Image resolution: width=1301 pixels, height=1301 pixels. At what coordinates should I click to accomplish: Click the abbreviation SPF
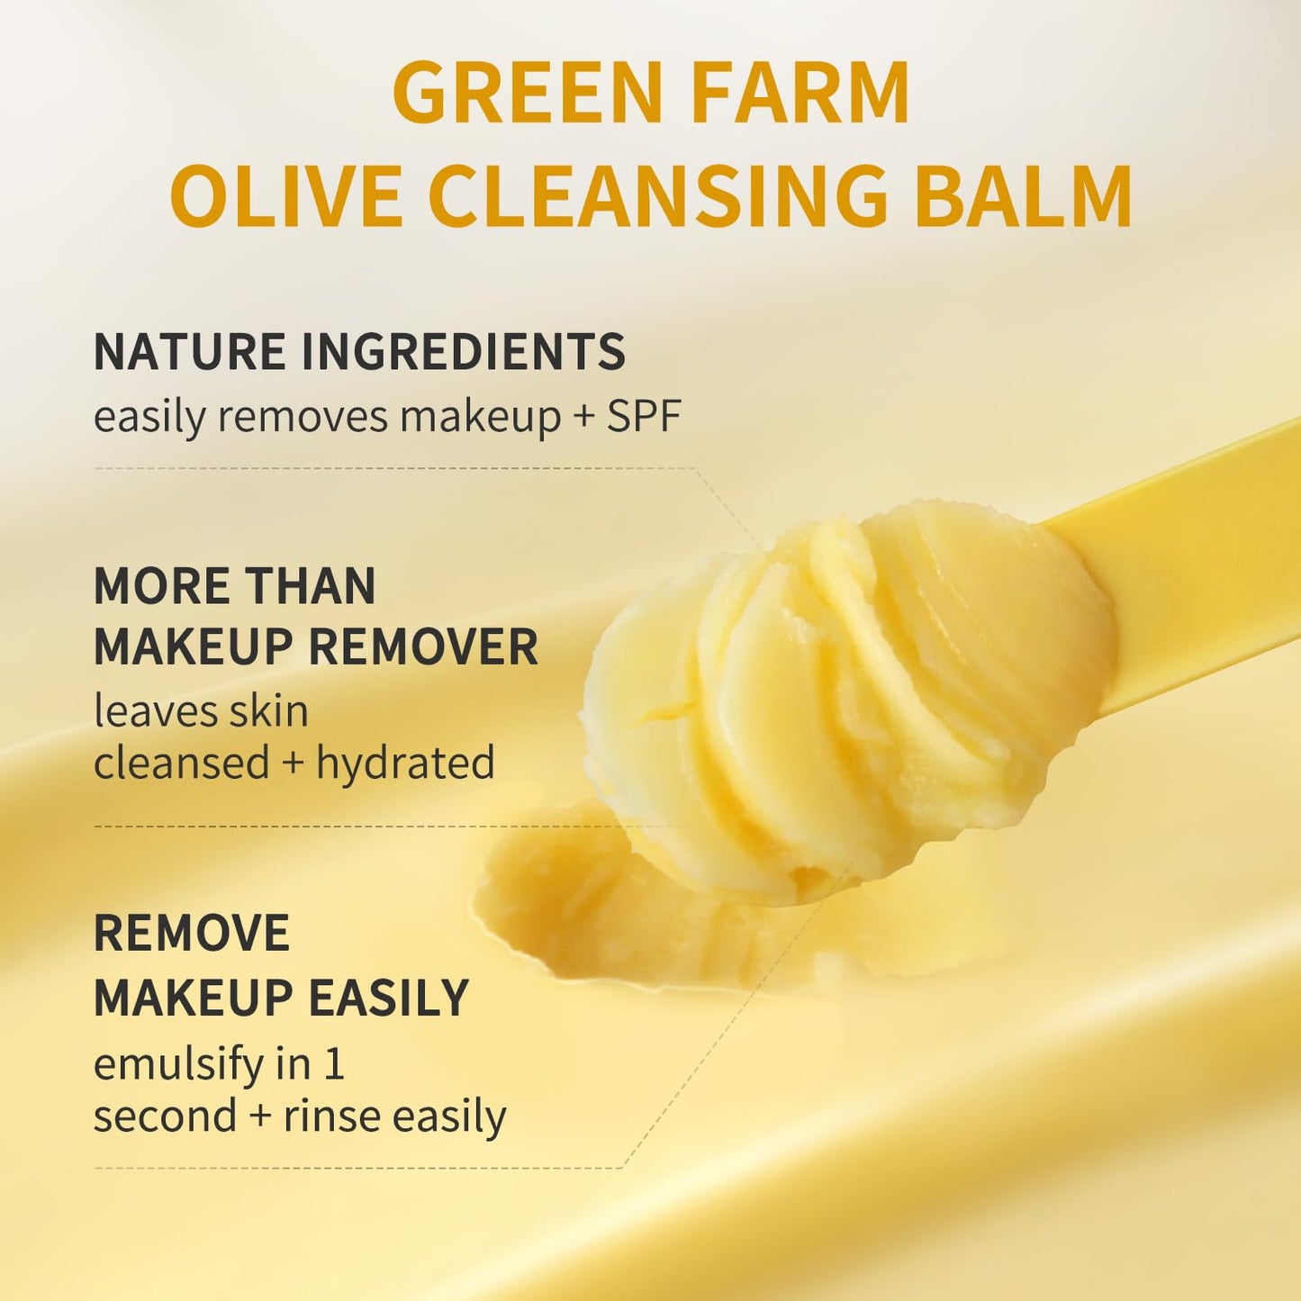click(x=643, y=416)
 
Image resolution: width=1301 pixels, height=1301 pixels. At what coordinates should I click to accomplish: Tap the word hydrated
click(x=405, y=763)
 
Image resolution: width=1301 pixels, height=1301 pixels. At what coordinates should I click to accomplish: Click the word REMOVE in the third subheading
click(x=192, y=933)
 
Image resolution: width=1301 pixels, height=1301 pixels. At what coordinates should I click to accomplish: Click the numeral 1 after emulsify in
click(x=334, y=1064)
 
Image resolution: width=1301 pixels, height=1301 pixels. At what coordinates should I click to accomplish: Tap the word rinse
click(x=333, y=1116)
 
